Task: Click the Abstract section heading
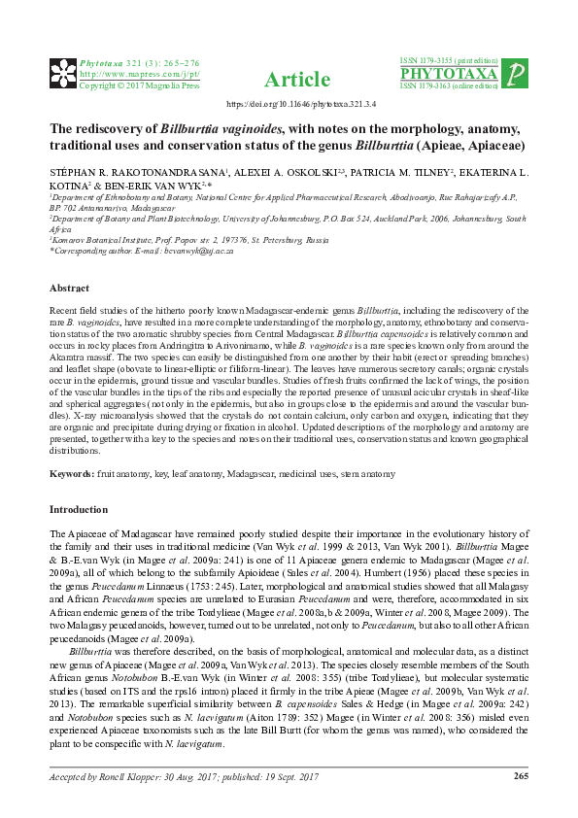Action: click(x=69, y=289)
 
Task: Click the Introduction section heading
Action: click(x=78, y=509)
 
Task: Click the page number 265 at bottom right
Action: click(x=520, y=774)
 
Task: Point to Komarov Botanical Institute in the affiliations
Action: click(x=108, y=239)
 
